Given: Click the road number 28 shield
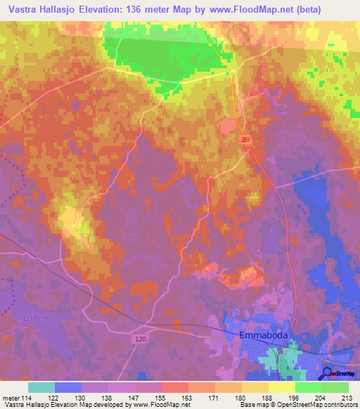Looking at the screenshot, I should coord(244,141).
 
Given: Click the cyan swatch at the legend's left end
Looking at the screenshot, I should coord(41,387).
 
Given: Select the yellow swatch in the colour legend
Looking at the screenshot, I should coord(282,387).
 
